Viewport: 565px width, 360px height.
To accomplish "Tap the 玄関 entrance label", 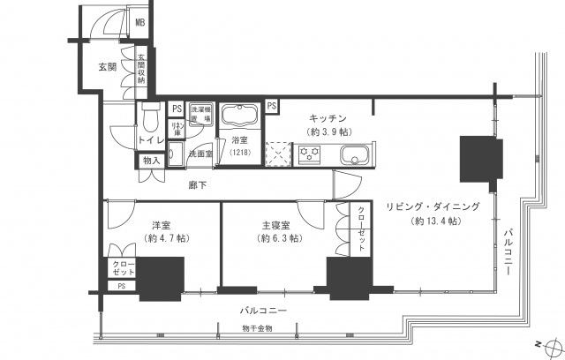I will tap(107, 67).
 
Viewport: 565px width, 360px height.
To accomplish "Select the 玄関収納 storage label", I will tap(140, 71).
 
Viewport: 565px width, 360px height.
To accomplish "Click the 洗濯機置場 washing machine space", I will tap(200, 113).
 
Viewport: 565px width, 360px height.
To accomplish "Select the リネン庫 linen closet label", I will tap(177, 128).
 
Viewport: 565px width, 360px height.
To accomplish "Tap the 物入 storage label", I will tap(150, 161).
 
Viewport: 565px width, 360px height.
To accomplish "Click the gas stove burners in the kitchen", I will tap(310, 155).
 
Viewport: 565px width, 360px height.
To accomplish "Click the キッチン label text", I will tap(327, 117).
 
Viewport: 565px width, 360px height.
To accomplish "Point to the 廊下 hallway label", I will tap(199, 185).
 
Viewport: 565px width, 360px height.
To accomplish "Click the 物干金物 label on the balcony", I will tap(257, 329).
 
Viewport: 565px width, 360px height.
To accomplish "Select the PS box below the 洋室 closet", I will tap(121, 286).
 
